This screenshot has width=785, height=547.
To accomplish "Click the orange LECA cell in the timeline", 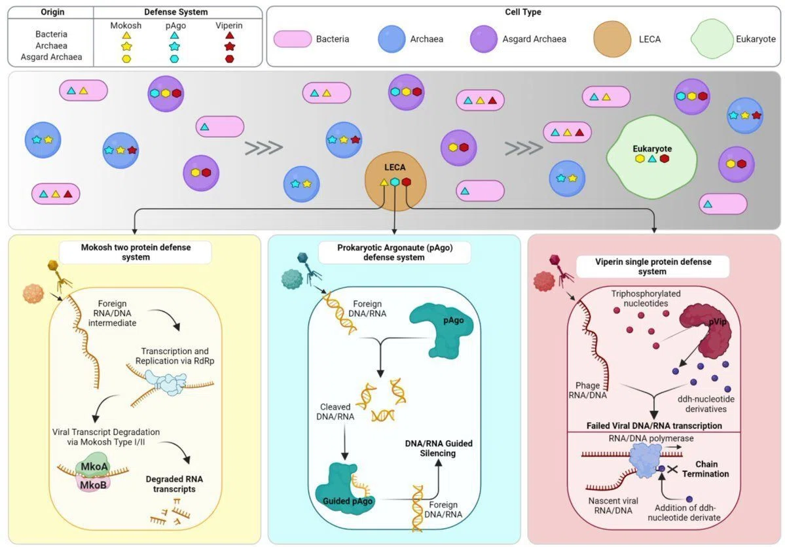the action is [395, 180].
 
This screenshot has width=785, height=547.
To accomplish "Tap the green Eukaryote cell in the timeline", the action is [652, 154].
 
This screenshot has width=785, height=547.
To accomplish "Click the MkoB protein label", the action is [94, 484].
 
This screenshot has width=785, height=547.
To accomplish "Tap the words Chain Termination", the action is [706, 469].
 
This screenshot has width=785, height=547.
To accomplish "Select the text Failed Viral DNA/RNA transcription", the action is [654, 426].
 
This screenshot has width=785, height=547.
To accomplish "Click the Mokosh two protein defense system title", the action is [136, 252].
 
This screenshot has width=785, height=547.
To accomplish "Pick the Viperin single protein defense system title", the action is [653, 266].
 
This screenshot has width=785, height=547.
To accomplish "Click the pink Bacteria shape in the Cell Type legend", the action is [293, 39].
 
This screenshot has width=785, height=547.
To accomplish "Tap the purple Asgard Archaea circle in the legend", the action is [484, 39].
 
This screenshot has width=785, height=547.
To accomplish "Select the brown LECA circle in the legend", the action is [612, 39].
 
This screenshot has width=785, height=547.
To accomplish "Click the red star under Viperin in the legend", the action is [229, 46].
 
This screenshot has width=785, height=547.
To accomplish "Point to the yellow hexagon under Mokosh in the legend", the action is [126, 58].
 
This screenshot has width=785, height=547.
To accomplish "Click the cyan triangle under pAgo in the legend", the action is [174, 35].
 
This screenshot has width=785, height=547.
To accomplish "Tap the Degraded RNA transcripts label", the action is [174, 484].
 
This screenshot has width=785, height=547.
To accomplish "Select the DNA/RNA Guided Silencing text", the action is [439, 448].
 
